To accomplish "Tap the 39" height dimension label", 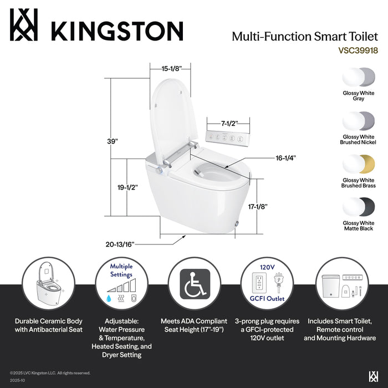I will click(113, 141).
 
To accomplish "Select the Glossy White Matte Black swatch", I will click(359, 206).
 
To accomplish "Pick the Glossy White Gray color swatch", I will click(359, 76).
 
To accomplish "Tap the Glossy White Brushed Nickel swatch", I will click(359, 120).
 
